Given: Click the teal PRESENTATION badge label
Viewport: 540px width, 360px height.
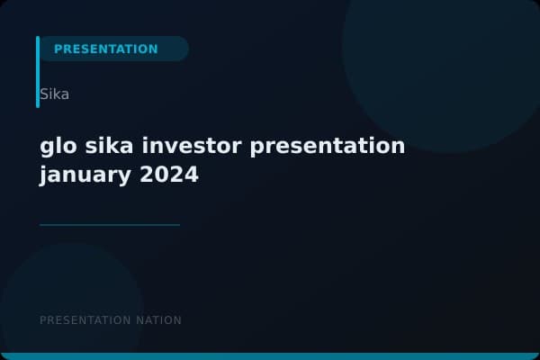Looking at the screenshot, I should click(x=105, y=49).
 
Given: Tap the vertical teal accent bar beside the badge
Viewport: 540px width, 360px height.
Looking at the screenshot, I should click(x=38, y=72).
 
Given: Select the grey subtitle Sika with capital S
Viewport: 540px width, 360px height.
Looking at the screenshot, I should click(x=54, y=94).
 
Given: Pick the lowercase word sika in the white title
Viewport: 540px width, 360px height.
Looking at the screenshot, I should click(x=110, y=146).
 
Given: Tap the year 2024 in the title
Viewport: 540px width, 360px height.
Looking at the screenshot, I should click(x=169, y=175).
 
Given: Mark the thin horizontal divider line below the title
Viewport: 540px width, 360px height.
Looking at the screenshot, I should click(x=110, y=225).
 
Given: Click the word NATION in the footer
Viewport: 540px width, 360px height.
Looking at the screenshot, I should click(x=157, y=320).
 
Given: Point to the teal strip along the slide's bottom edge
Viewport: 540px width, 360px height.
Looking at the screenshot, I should click(x=270, y=356).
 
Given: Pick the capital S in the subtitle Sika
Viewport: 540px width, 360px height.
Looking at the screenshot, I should click(x=44, y=94).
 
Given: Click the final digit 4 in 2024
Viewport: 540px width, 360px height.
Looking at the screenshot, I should click(x=191, y=175).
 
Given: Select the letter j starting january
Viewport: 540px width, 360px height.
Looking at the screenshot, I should click(x=43, y=175).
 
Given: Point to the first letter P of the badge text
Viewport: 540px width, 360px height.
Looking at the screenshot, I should click(x=58, y=49).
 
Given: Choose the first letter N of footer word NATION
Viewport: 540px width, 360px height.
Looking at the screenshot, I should click(x=138, y=320).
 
